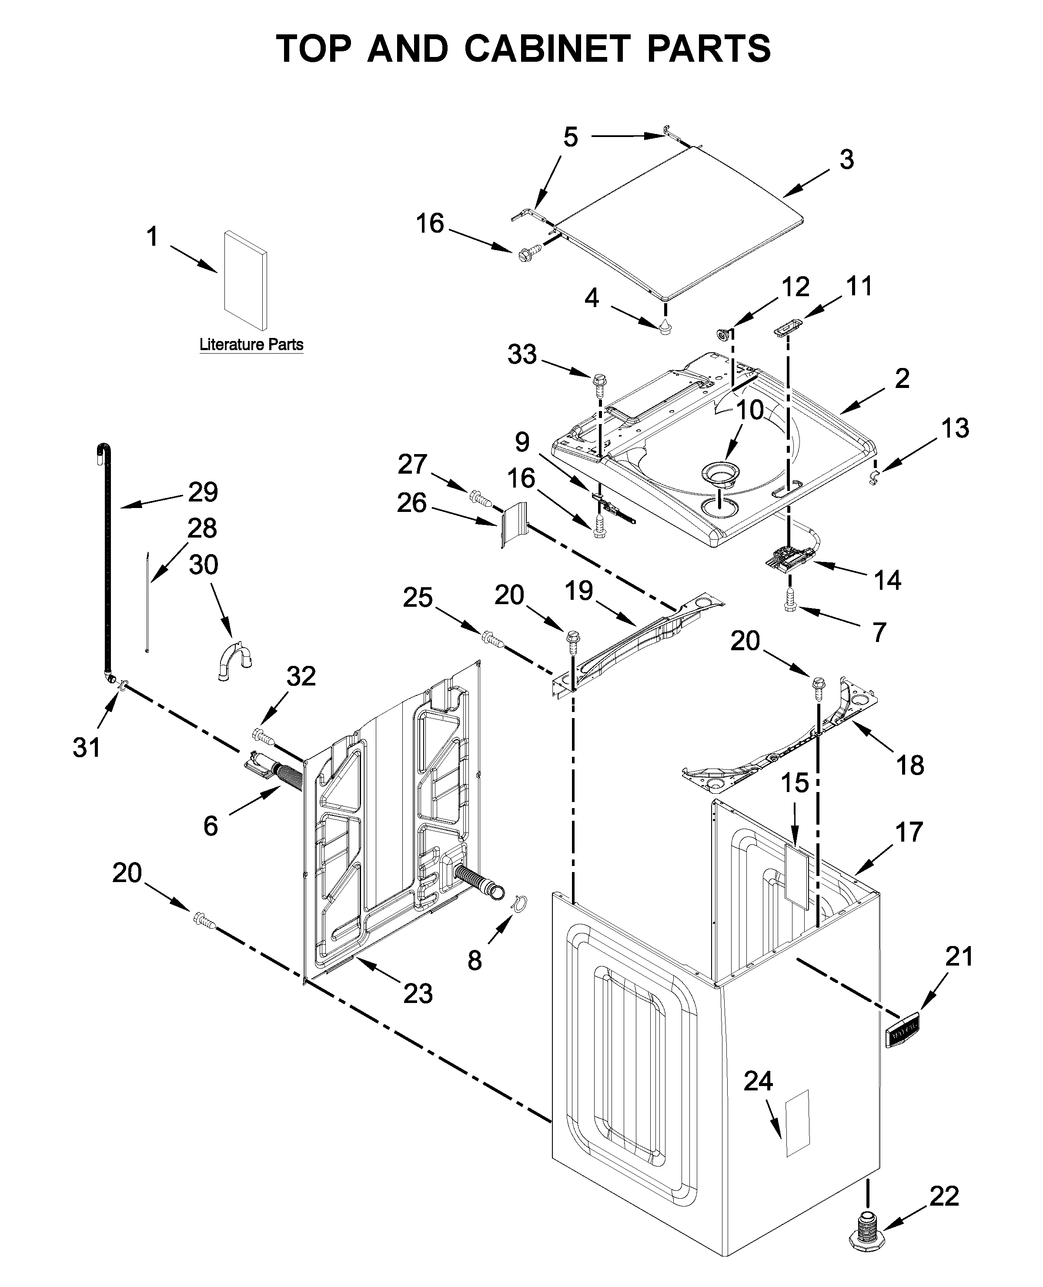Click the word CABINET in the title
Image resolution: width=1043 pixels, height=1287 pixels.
pos(545,49)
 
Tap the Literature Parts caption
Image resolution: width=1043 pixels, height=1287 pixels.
pos(251,345)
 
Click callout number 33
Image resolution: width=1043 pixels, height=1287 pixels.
pos(521,354)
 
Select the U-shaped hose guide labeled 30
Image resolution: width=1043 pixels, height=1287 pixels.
pos(234,662)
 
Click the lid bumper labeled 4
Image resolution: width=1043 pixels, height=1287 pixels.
pos(665,327)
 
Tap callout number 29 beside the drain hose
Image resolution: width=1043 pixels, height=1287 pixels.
pos(203,492)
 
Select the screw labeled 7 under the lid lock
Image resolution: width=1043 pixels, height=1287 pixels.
pos(790,607)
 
